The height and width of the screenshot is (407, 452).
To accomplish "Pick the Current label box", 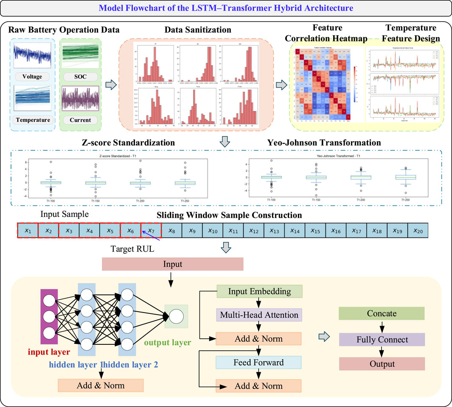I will tap(80, 120).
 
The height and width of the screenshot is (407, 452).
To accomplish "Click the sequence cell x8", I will tap(171, 231).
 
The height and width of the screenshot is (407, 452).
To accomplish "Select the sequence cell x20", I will tap(418, 231).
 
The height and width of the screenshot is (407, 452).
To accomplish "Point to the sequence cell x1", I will tap(28, 231).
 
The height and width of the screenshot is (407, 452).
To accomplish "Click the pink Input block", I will tap(172, 264).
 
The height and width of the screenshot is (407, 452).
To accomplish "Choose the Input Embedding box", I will tap(259, 291).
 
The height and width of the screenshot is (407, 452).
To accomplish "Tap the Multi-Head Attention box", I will tap(259, 315).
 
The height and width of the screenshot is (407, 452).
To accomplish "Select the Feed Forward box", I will tap(258, 362).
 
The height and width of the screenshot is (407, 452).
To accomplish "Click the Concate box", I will tap(382, 313).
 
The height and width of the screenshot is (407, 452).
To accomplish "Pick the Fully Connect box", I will tap(382, 339).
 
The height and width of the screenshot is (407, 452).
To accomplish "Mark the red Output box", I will tap(382, 364).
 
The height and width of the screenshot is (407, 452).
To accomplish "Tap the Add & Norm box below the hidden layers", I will tap(101, 385).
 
